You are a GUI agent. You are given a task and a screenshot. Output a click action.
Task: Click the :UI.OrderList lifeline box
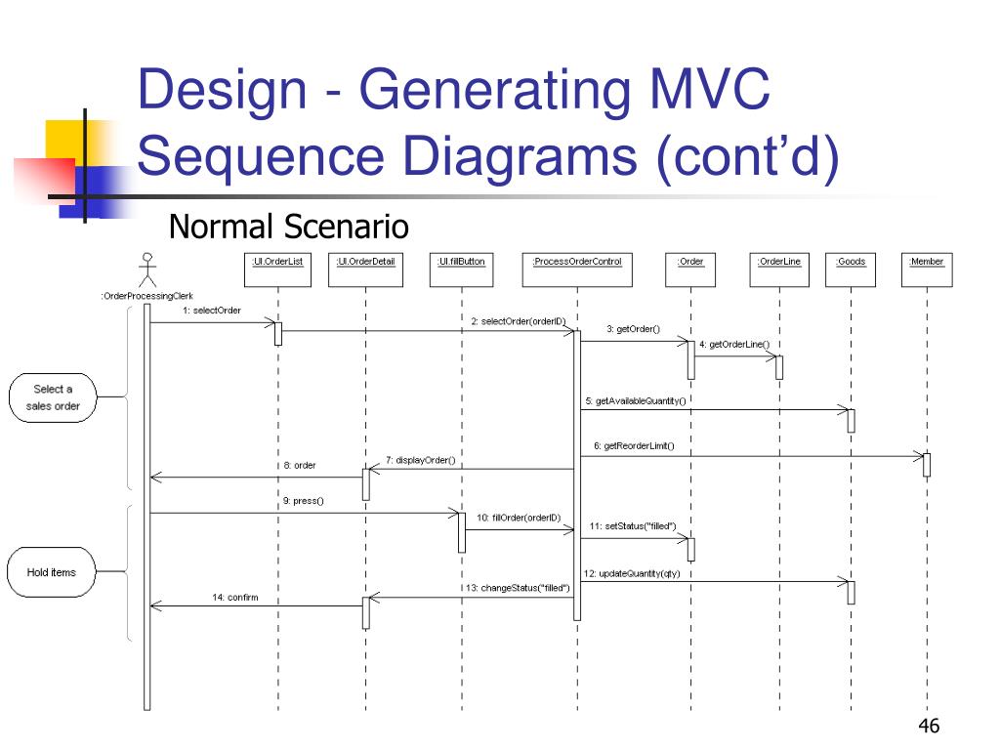click(276, 269)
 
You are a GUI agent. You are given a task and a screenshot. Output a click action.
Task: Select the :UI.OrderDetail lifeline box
click(365, 269)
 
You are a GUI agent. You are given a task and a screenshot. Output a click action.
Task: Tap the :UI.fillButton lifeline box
click(462, 269)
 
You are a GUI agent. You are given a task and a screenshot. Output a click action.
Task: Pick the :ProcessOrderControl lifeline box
click(576, 269)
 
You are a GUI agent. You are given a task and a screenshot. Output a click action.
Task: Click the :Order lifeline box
click(690, 269)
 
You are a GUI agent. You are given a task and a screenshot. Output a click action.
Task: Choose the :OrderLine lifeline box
click(779, 269)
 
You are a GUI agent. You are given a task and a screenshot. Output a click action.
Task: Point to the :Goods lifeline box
click(851, 269)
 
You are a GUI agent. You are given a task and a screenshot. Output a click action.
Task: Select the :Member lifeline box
click(927, 269)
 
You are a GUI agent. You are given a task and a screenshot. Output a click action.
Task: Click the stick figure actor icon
click(147, 268)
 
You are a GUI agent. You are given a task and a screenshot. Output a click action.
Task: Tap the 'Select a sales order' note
click(54, 397)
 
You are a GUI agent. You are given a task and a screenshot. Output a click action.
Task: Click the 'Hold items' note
click(52, 571)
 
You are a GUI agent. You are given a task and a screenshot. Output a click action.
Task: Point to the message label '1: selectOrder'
click(211, 311)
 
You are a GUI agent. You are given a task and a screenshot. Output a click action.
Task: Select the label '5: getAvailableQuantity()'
click(636, 400)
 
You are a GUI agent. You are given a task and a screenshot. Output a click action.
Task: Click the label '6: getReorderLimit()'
click(634, 446)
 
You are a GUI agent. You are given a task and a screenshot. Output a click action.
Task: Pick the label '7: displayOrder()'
click(420, 459)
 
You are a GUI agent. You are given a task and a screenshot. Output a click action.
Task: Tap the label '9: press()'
click(303, 501)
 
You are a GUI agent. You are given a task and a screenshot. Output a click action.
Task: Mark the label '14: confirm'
click(235, 596)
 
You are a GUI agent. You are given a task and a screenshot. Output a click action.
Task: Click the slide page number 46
click(929, 725)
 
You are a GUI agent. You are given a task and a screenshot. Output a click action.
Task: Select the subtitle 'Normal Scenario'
click(288, 227)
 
